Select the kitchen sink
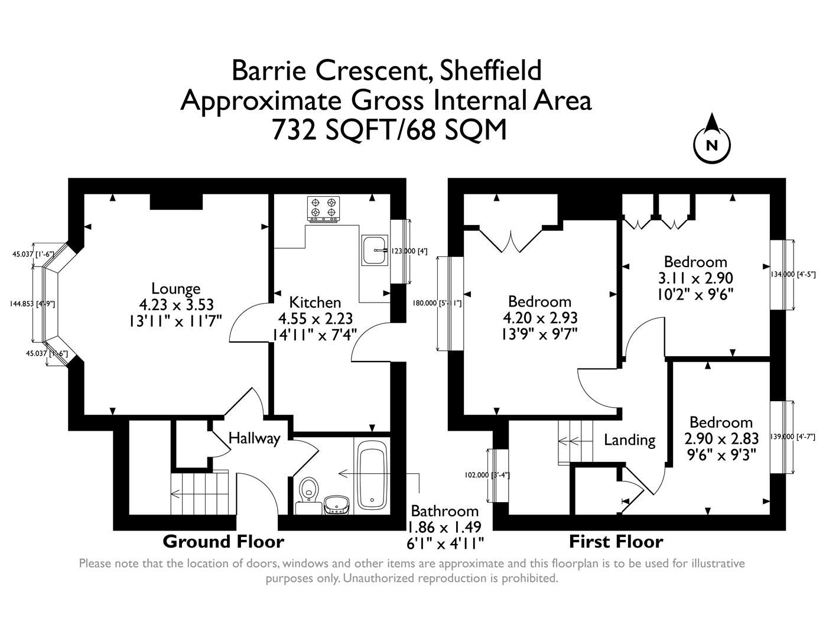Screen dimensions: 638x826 (x=373, y=250)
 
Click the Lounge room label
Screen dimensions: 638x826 (x=176, y=289)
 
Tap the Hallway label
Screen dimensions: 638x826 (x=254, y=438)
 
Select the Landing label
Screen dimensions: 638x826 (x=629, y=440)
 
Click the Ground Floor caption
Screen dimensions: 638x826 (x=223, y=541)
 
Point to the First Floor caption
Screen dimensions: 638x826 (x=616, y=541)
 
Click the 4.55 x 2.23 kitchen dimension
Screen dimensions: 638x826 (x=315, y=318)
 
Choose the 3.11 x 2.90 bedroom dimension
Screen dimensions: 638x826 (x=695, y=278)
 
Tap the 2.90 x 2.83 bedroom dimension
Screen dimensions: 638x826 (x=721, y=439)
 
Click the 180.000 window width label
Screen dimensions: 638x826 (x=436, y=303)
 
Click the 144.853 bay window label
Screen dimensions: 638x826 (x=32, y=304)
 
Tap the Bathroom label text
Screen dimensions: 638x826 (x=444, y=511)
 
